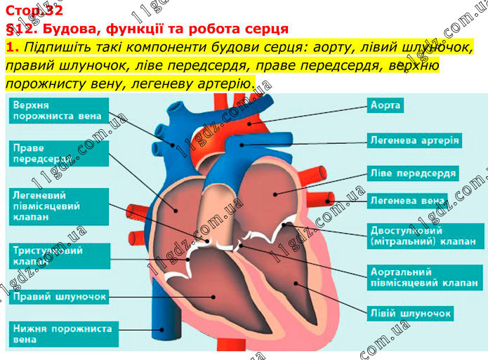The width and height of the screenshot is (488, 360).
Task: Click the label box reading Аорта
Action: (x=385, y=105)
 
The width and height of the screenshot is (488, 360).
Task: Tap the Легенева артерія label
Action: (x=414, y=140)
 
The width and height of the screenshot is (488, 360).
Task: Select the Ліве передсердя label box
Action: (x=413, y=173)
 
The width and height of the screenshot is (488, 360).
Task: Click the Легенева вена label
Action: (x=407, y=201)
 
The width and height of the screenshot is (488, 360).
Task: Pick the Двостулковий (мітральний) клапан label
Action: (x=426, y=236)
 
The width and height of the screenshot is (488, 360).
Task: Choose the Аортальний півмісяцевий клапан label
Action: (x=425, y=278)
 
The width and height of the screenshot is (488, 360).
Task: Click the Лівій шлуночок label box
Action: (x=410, y=314)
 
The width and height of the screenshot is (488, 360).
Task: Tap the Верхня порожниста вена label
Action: (x=59, y=111)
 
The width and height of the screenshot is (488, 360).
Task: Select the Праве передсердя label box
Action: (x=59, y=154)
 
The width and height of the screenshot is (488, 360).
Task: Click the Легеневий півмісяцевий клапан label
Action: (x=59, y=206)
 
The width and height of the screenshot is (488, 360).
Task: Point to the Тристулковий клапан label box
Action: (x=60, y=256)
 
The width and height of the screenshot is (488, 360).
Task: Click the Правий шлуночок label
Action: (x=59, y=297)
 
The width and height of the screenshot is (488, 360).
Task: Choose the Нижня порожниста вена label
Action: (x=64, y=334)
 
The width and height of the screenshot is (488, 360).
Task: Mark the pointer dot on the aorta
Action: (x=249, y=124)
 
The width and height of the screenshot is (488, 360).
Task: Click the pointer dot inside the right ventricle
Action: (x=213, y=297)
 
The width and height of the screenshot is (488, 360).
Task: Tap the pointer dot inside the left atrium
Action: (x=275, y=195)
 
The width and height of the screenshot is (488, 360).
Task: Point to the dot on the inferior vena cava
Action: (x=161, y=330)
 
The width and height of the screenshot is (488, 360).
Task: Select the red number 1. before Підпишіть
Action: (x=13, y=47)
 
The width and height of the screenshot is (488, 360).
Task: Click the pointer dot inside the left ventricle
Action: (x=296, y=284)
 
